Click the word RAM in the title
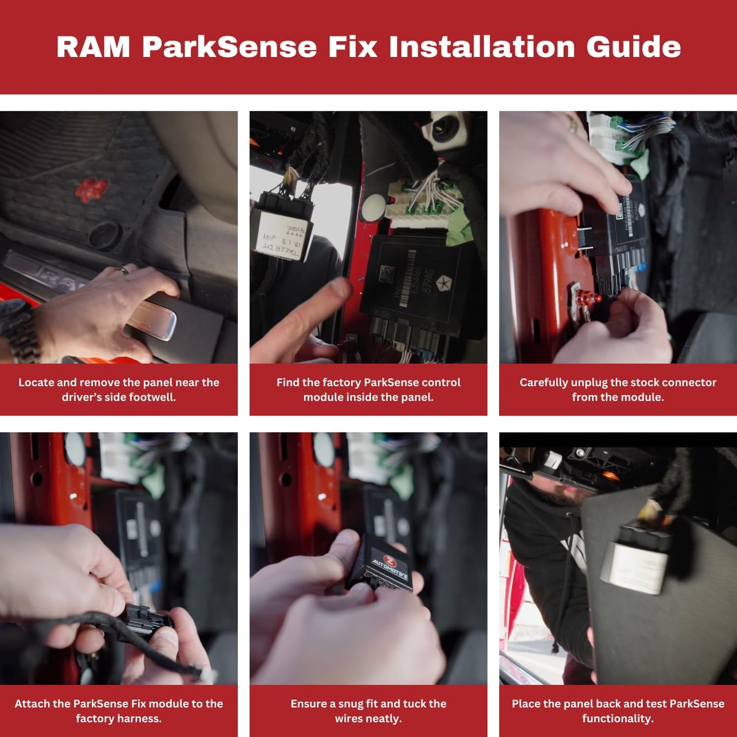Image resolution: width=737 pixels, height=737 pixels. pyautogui.click(x=93, y=47)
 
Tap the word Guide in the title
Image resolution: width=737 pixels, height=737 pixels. pyautogui.click(x=633, y=47)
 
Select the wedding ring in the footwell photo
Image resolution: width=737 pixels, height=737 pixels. pyautogui.click(x=123, y=270)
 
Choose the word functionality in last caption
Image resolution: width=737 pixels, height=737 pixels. pyautogui.click(x=618, y=718)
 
